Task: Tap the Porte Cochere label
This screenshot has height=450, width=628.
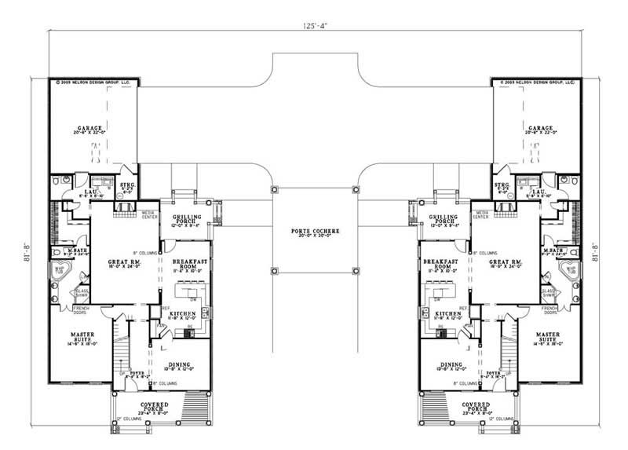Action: pyautogui.click(x=314, y=230)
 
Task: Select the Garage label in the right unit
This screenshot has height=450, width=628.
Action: pyautogui.click(x=540, y=127)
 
